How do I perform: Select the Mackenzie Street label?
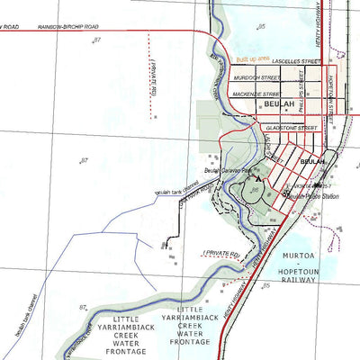254,94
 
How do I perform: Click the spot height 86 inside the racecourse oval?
255,191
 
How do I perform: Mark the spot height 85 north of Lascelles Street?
262,28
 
